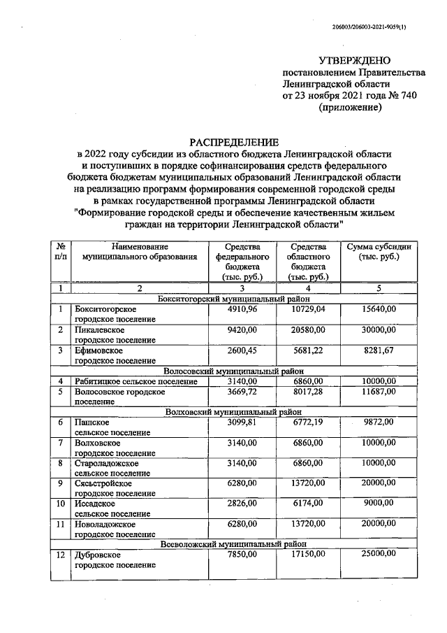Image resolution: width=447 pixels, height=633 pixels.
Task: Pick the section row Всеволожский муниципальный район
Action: coord(233,543)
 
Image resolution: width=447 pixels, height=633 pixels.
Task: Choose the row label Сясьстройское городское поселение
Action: coord(115,488)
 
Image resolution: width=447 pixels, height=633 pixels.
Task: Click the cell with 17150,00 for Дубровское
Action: coord(308,553)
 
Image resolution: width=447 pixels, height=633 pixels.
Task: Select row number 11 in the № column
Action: coord(61,523)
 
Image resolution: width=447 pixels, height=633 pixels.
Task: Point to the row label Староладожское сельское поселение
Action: coord(115,467)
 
